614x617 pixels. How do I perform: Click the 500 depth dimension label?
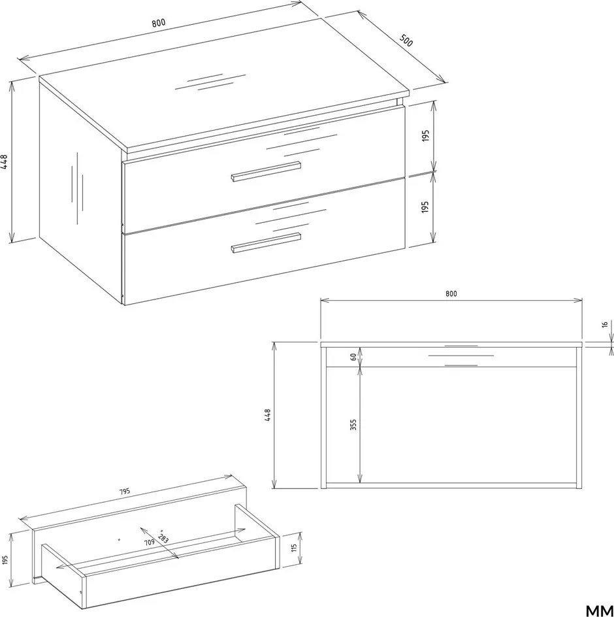point(406,40)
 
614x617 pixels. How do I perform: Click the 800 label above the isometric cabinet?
point(159,23)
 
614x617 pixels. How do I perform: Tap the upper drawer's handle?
point(266,171)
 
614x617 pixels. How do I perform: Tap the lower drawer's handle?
point(266,242)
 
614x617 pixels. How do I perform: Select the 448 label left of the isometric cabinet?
point(4,161)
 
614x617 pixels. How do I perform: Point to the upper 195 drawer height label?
point(425,136)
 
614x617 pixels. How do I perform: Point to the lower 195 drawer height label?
point(425,207)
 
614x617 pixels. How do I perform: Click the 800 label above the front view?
point(451,293)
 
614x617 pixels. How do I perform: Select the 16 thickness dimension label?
point(605,325)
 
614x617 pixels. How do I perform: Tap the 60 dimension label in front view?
point(353,357)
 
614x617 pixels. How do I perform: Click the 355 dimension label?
point(353,425)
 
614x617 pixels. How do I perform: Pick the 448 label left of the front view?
point(267,416)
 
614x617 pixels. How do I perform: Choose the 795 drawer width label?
point(124,492)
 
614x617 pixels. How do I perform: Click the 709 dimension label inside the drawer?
point(149,542)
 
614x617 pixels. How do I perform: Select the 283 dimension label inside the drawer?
point(163,539)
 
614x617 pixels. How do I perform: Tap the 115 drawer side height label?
point(294,548)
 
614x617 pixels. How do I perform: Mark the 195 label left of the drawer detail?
point(5,559)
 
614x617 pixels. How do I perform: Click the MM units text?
point(600,610)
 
